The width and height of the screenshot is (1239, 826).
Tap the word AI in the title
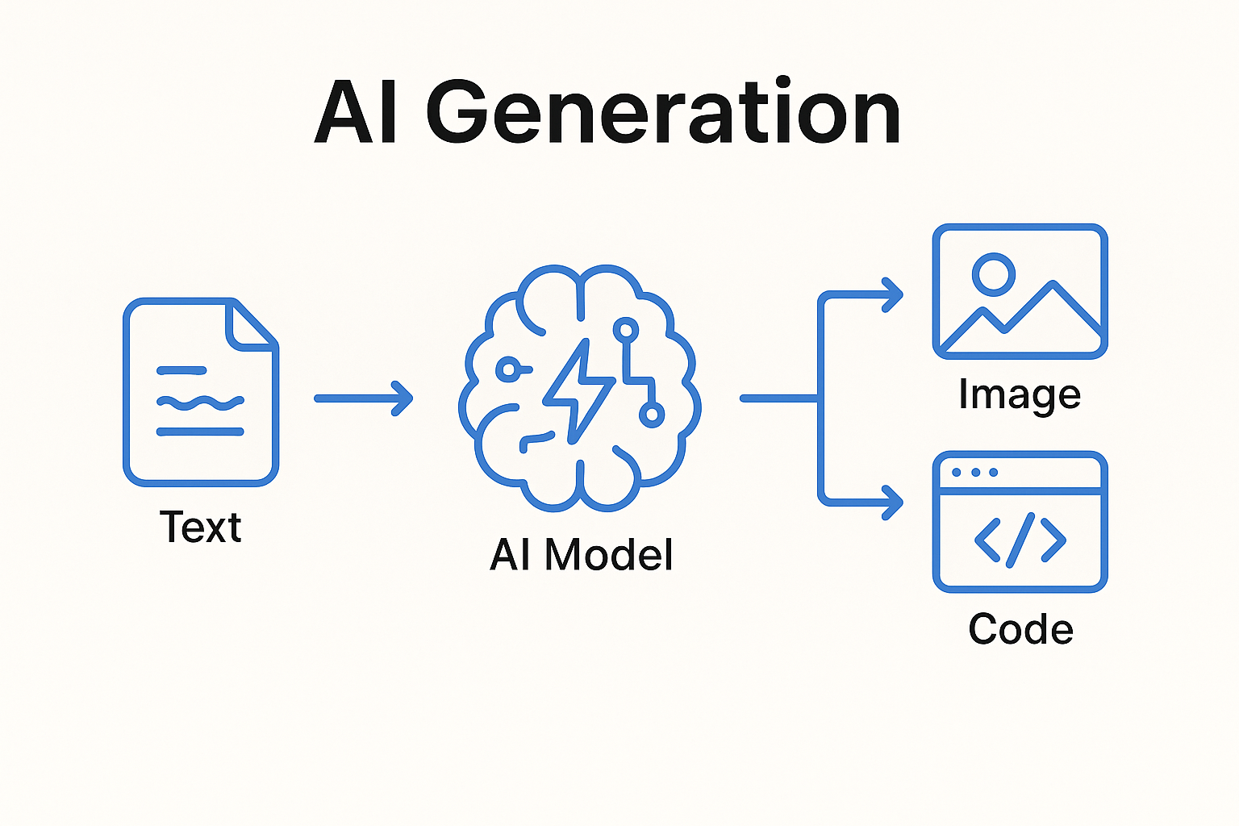click(x=355, y=113)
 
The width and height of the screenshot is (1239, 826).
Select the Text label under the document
click(x=200, y=528)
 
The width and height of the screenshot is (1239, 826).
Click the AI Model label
click(x=581, y=555)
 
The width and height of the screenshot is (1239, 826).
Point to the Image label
click(x=1020, y=395)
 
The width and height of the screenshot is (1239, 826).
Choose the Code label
click(x=1020, y=629)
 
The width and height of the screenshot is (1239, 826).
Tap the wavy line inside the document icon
click(x=200, y=401)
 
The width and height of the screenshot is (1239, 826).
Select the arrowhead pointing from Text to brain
click(x=403, y=398)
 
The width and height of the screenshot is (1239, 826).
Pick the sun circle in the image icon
click(x=993, y=273)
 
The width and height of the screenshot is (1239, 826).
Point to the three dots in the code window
click(x=974, y=473)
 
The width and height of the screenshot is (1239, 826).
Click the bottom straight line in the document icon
click(x=200, y=432)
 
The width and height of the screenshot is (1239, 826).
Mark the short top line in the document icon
click(x=181, y=371)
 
